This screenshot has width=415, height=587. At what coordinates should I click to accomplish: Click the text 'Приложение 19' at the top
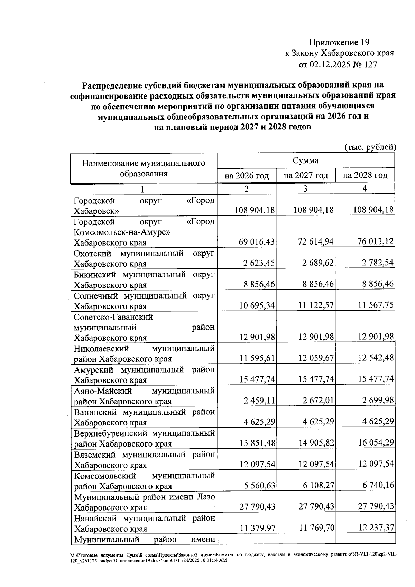click(x=339, y=43)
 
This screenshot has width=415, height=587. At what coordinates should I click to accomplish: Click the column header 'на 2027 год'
click(x=306, y=176)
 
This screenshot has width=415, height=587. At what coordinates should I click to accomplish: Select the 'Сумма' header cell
click(x=306, y=161)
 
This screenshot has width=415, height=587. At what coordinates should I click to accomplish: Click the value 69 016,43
click(x=257, y=242)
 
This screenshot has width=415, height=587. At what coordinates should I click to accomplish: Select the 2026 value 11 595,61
click(x=257, y=358)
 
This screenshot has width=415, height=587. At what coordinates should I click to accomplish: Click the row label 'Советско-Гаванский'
click(x=113, y=317)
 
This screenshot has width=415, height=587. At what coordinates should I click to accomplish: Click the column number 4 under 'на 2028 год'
click(x=365, y=189)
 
